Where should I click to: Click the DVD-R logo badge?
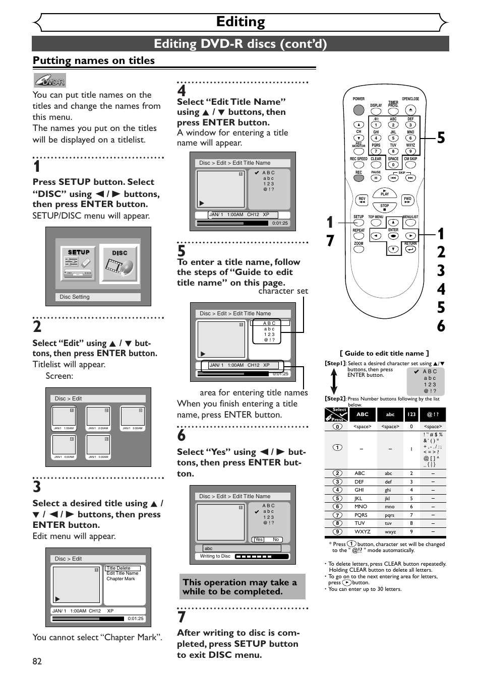point(50,81)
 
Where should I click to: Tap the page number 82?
point(37,661)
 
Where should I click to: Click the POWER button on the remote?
point(358,109)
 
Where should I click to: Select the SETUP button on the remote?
point(358,222)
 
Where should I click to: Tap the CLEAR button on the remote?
point(376,165)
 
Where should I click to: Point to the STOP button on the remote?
point(385,207)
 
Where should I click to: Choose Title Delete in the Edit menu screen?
point(118,568)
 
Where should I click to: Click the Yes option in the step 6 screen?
point(259,539)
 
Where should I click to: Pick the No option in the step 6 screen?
point(276,539)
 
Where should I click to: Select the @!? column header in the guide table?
point(433,415)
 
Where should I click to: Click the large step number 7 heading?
point(182,617)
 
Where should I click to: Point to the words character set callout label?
point(283,291)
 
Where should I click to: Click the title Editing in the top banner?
point(240,22)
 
